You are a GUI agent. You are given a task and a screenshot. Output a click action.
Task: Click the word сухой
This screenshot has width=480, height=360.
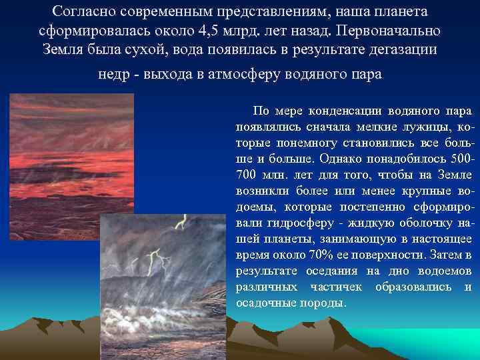coord(156,51)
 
